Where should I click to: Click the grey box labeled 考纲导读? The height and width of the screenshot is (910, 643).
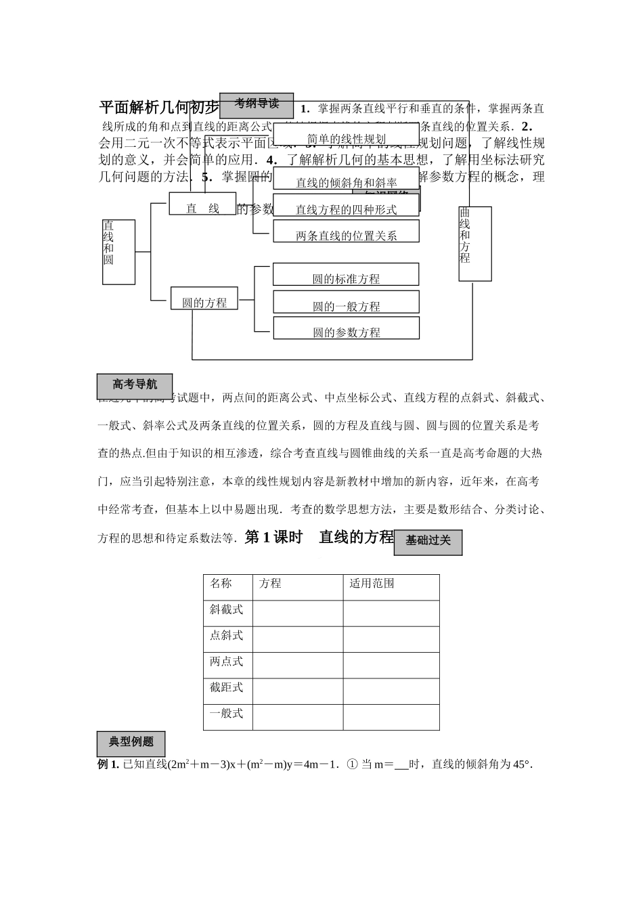tap(257, 106)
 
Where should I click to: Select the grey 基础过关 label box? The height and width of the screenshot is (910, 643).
tap(428, 542)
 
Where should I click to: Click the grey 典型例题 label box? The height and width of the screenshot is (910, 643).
tap(131, 743)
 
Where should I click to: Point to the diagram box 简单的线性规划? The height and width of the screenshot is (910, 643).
tap(347, 139)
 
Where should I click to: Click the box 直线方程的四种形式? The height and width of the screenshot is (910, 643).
tap(346, 209)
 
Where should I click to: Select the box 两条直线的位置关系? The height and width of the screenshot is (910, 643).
tap(346, 235)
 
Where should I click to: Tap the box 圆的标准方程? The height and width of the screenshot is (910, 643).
tap(346, 278)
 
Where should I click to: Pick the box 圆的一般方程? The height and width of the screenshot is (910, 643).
tap(346, 305)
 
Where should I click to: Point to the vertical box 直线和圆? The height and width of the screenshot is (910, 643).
tap(118, 252)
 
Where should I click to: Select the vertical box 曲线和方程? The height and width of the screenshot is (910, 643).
tap(474, 243)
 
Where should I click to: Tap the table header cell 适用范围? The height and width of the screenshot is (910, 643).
tap(372, 584)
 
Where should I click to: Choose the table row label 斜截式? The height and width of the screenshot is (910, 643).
tap(227, 609)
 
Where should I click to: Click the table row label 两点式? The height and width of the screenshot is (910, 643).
tap(227, 662)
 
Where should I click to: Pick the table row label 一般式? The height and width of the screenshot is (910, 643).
tap(227, 713)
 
